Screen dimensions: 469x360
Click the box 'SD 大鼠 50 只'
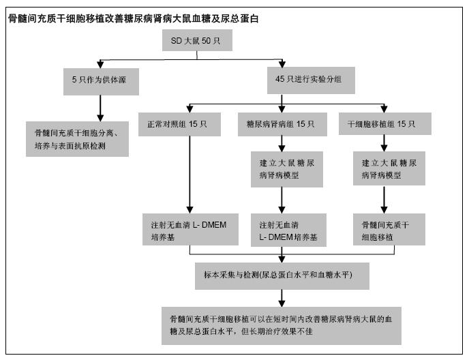[x=197, y=40]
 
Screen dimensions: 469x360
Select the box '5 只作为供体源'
[x=101, y=82]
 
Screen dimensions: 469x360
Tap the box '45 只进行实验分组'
[x=311, y=80]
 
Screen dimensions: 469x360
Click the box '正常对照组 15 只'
[x=179, y=124]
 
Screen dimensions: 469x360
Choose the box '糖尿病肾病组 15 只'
[x=282, y=124]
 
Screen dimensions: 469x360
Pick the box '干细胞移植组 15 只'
[x=385, y=123]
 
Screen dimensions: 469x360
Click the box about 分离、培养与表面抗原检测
[x=78, y=139]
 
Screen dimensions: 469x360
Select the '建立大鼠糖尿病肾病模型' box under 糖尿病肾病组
[x=287, y=169]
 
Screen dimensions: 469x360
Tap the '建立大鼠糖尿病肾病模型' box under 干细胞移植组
[x=389, y=168]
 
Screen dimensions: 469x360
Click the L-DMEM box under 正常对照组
[x=191, y=230]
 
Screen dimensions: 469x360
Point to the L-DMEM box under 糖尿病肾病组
[x=288, y=230]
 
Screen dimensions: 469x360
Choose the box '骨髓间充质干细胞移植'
[x=389, y=230]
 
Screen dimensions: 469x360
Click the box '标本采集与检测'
[x=282, y=276]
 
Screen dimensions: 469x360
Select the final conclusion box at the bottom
[x=282, y=326]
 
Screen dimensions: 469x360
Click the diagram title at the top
[x=134, y=18]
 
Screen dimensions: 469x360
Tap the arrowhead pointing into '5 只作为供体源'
[x=100, y=64]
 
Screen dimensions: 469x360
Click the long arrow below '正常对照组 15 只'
[x=190, y=175]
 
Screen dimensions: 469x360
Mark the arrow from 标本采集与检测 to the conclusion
[x=282, y=298]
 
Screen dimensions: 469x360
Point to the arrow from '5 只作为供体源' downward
[x=100, y=108]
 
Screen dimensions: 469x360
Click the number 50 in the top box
[x=206, y=40]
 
